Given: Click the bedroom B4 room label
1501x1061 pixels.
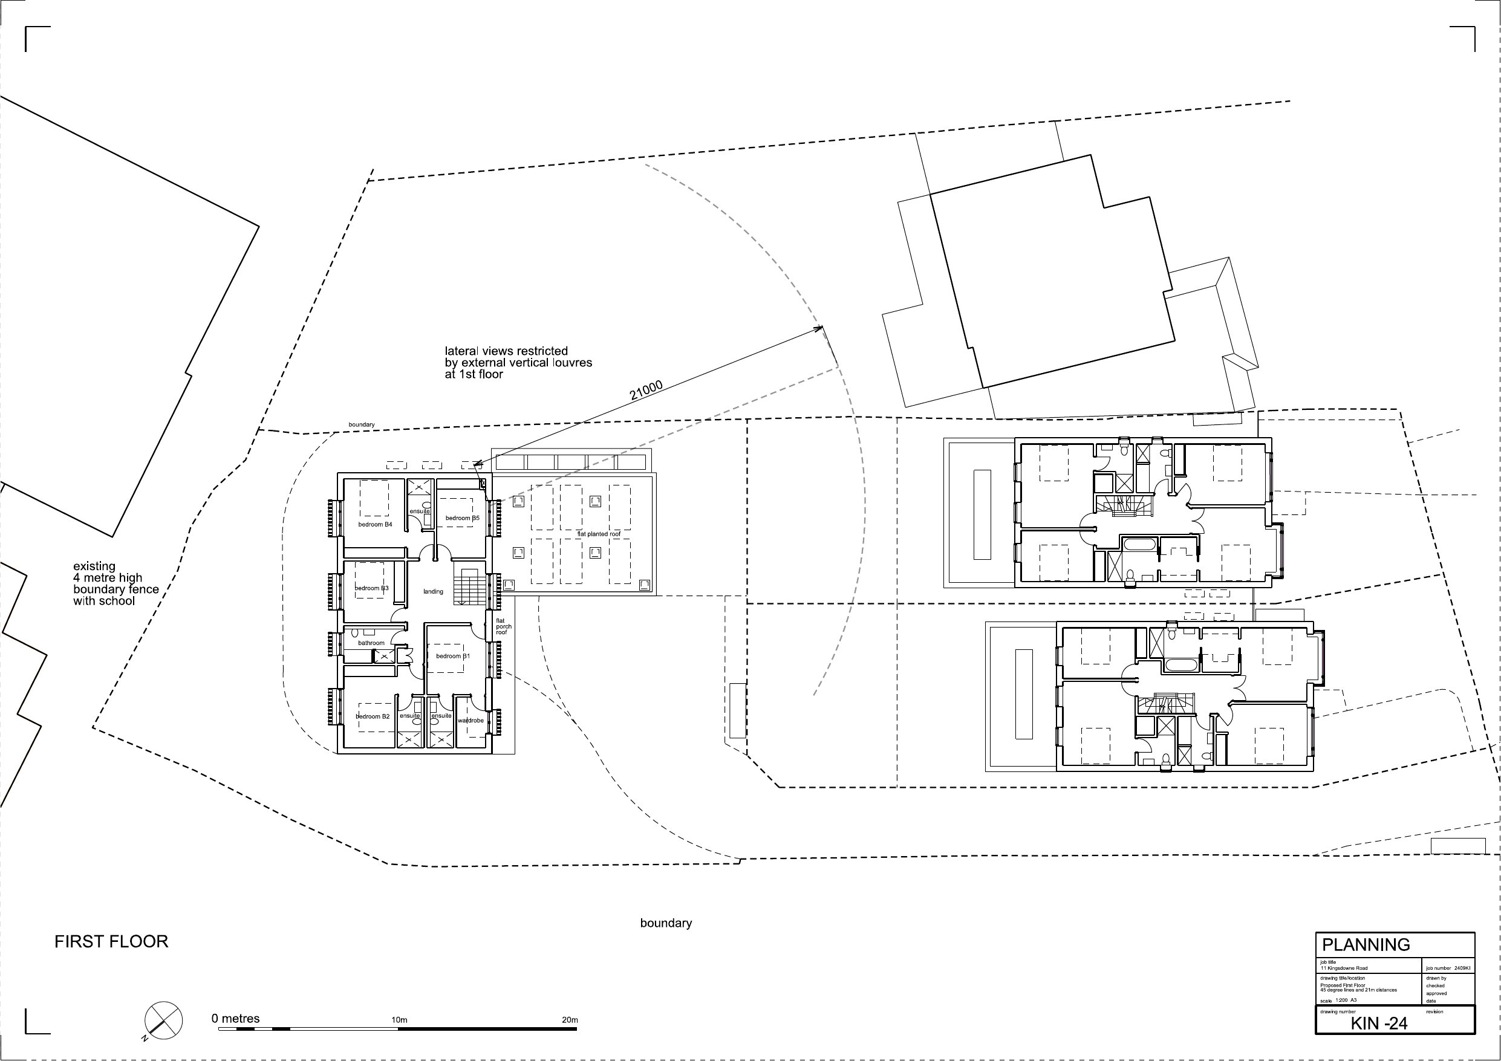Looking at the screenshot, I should (374, 524).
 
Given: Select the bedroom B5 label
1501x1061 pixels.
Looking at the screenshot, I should (462, 518).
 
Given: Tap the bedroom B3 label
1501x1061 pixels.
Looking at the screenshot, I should (371, 588).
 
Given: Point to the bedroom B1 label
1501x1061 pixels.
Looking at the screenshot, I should (453, 656).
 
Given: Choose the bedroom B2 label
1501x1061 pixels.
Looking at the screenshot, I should (372, 716).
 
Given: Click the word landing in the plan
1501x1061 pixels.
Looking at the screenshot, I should (433, 592).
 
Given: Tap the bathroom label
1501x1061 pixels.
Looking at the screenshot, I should (371, 643).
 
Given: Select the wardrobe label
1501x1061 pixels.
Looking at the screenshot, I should (470, 721).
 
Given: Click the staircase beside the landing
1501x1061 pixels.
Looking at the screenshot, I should (470, 586).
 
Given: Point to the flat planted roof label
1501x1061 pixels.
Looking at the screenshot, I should (598, 534).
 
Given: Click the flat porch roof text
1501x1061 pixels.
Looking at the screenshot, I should (503, 626).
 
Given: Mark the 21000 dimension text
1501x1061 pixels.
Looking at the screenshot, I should (646, 391).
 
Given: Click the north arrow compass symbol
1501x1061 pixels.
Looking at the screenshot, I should (163, 1019).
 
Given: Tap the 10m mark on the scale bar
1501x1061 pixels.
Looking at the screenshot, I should (399, 1020).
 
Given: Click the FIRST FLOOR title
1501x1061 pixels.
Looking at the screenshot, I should (111, 941).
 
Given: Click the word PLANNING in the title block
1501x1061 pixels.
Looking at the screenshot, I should (1365, 963).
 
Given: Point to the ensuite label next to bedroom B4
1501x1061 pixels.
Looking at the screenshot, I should (420, 511).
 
